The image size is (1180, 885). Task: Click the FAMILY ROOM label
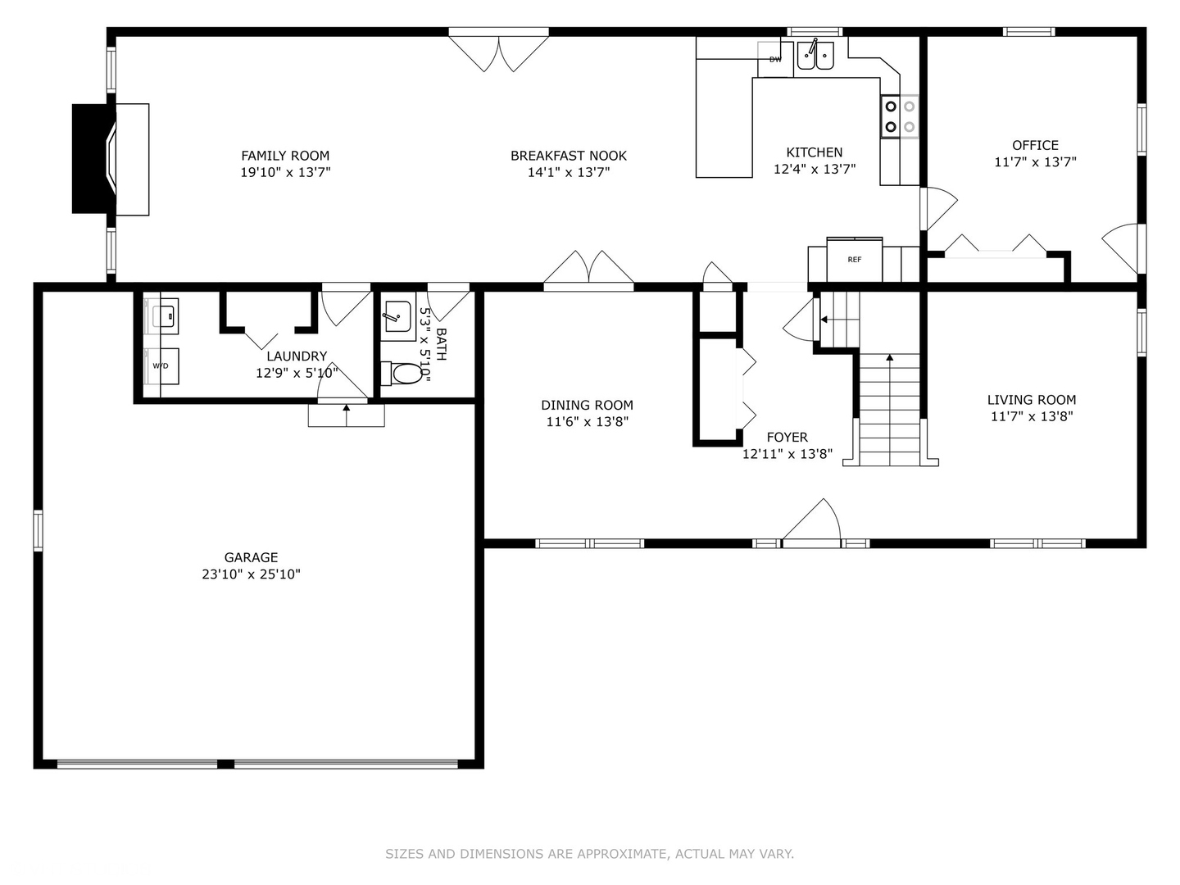285,156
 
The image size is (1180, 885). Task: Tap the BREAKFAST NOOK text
568,156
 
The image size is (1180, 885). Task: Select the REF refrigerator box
854,260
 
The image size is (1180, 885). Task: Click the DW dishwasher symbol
775,59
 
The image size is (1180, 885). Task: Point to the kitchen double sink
815,56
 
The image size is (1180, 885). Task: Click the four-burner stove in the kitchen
900,116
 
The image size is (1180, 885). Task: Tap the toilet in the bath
402,374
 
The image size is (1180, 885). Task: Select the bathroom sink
397,316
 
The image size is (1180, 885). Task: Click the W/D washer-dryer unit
161,366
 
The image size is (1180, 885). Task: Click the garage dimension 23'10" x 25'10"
251,574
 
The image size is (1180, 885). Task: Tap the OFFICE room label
1036,145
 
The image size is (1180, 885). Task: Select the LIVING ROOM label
1032,400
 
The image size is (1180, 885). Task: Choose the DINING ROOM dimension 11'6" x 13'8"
587,422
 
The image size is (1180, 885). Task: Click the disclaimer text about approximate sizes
589,854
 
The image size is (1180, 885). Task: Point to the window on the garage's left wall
39,531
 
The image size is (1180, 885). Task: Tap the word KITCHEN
815,152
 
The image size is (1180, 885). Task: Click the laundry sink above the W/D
161,316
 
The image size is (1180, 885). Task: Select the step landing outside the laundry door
346,415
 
